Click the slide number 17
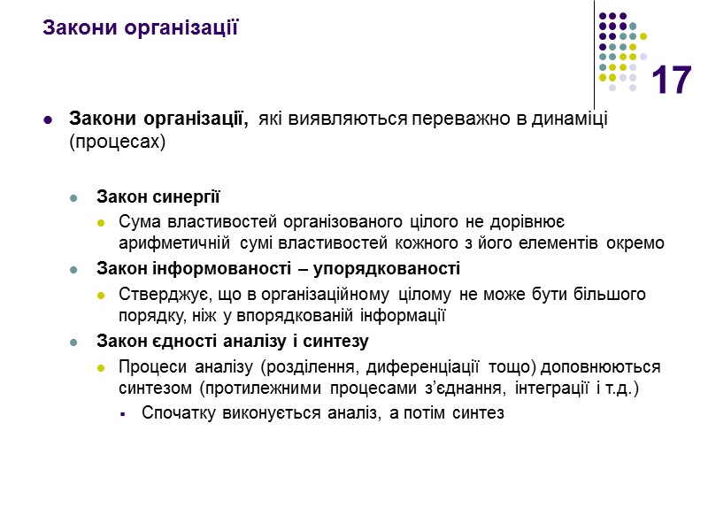671,81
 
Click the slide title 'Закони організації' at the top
141,27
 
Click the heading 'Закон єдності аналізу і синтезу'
232,341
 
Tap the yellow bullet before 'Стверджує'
100,294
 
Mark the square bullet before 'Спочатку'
124,413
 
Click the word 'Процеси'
148,366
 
